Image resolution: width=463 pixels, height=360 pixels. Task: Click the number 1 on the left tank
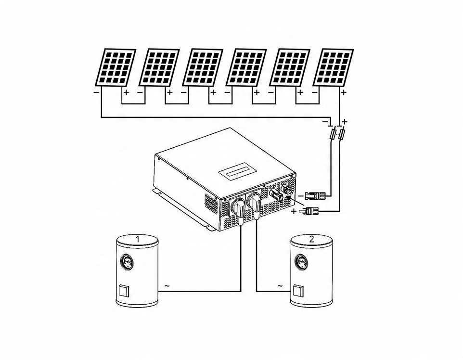point(138,239)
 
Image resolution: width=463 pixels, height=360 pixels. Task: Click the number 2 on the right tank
point(312,239)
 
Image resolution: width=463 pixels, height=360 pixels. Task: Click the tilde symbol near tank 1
point(167,286)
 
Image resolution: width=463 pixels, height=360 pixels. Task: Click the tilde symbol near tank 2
point(280,286)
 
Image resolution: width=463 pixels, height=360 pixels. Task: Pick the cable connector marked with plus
point(308,211)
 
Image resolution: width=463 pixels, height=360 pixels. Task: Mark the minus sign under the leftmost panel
point(96,92)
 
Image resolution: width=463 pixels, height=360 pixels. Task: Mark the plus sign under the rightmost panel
point(344,92)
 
